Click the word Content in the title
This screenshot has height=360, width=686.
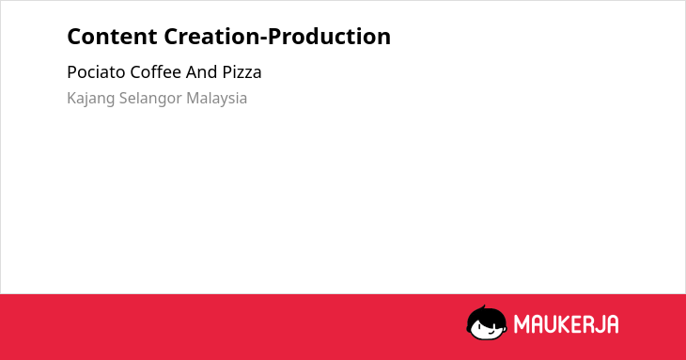[112, 37]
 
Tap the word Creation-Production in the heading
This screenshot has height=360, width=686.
[277, 37]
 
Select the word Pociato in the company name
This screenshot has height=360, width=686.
[96, 72]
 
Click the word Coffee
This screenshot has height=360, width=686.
[156, 72]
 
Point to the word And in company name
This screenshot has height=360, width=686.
[202, 72]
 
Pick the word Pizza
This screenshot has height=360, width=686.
[242, 72]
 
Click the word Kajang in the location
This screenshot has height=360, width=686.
[91, 99]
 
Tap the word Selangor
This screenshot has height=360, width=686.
[150, 99]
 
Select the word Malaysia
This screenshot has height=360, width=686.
[216, 99]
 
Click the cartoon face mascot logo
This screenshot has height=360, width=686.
[487, 322]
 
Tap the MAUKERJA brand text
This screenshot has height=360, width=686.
[566, 324]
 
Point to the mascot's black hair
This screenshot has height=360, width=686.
[486, 316]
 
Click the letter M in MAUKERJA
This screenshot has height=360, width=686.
[522, 324]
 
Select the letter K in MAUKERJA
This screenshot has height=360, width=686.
[566, 324]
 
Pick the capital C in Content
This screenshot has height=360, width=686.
[74, 37]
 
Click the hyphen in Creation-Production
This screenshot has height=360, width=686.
[263, 39]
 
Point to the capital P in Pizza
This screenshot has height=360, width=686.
[227, 72]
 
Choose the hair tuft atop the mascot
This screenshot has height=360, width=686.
[483, 307]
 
